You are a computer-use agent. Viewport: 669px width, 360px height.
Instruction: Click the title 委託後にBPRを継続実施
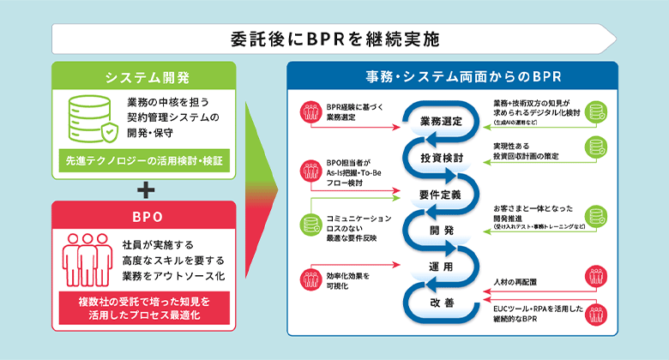click(x=334, y=39)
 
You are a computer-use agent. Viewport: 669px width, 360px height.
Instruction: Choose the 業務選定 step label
click(x=442, y=121)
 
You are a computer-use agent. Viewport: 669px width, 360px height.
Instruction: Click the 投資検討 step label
click(x=442, y=159)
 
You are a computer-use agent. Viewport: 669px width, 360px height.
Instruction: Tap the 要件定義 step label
click(x=442, y=195)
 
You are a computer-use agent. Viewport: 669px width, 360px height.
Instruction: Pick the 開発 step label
click(x=442, y=231)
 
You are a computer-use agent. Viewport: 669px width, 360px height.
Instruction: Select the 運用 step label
click(x=442, y=267)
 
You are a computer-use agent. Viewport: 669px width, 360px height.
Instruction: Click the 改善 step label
click(x=442, y=303)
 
